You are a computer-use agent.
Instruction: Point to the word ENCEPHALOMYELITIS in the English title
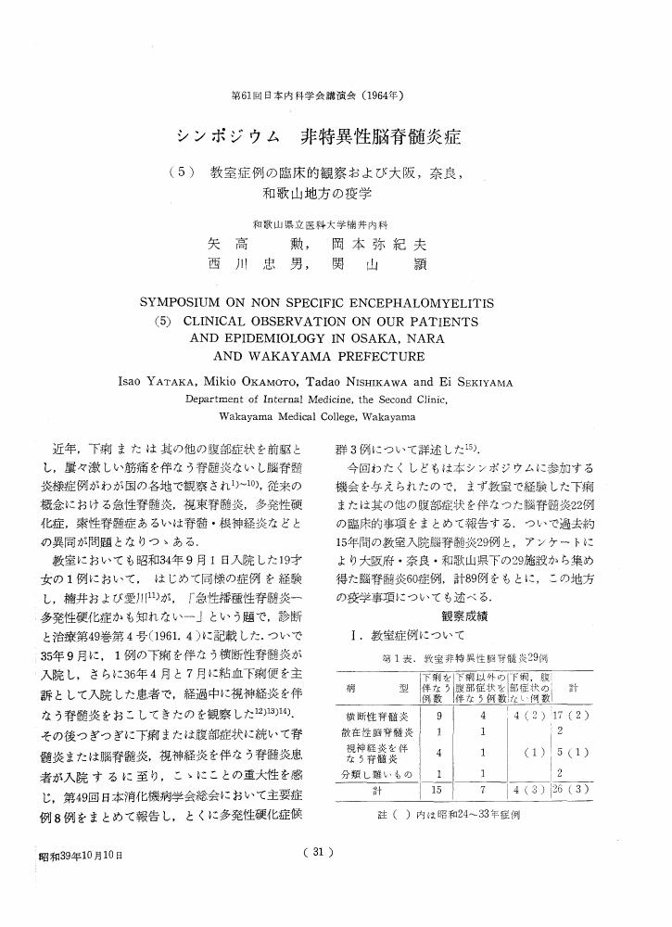(x=428, y=303)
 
